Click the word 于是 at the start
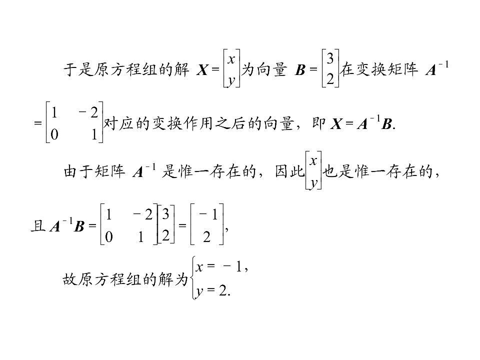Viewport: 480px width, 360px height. [78, 69]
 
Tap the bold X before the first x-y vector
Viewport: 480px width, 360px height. [202, 70]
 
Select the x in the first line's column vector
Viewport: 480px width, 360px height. [231, 58]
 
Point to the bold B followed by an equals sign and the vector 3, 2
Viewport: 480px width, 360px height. [300, 70]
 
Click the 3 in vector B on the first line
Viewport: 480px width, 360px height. [330, 58]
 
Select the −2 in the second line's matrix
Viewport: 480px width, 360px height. [88, 112]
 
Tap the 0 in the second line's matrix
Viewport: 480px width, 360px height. [54, 134]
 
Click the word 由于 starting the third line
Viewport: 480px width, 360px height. [78, 171]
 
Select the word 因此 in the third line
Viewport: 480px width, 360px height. [289, 171]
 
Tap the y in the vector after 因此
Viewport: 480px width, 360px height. [313, 183]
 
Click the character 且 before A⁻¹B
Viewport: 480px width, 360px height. [38, 226]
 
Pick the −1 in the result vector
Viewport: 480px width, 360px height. [208, 214]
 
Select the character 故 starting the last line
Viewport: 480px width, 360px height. [70, 279]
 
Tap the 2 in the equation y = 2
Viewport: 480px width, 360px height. [223, 290]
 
